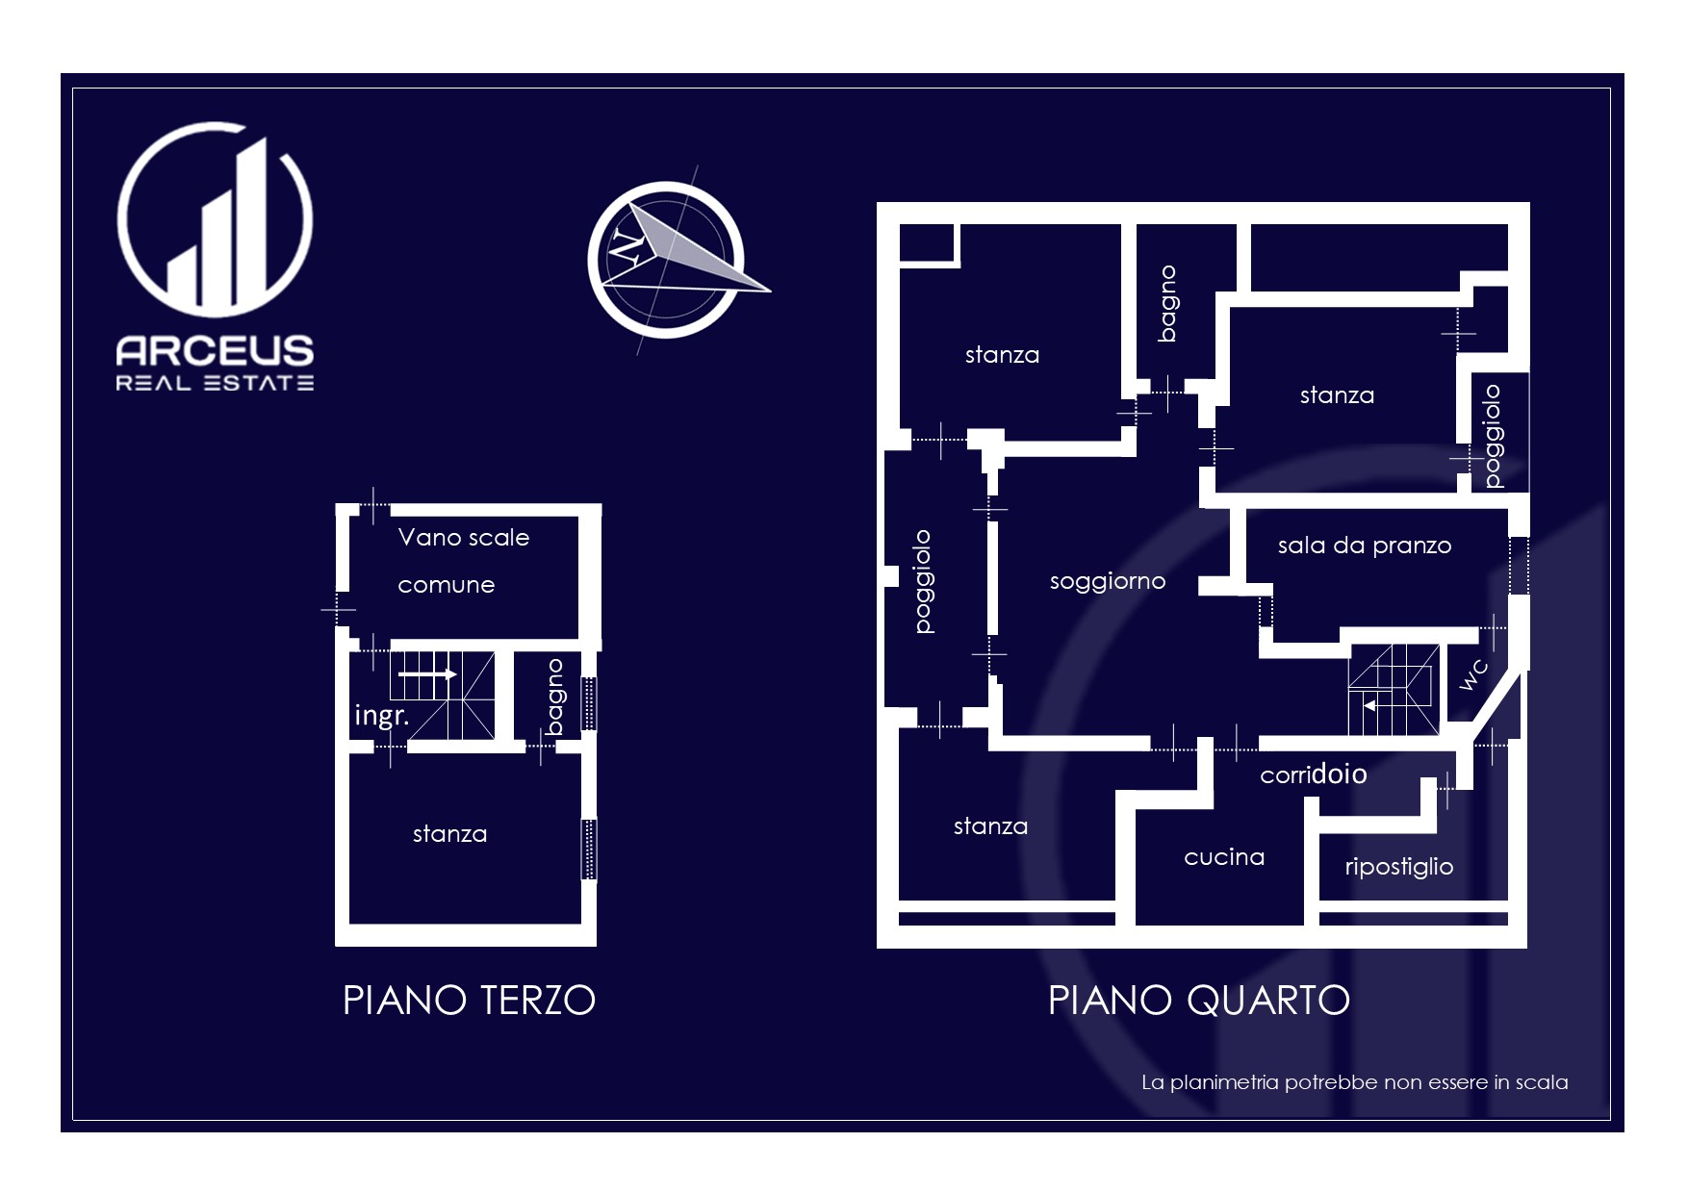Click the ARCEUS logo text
click(x=215, y=350)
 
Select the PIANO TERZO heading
click(x=470, y=1001)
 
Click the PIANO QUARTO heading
click(x=1199, y=1001)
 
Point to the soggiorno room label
click(x=1108, y=581)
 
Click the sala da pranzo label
click(x=1365, y=546)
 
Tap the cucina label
click(x=1224, y=857)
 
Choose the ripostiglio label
click(x=1399, y=867)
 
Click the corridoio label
click(x=1314, y=774)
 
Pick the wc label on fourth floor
click(x=1473, y=675)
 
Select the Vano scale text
click(x=464, y=537)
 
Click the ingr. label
click(x=382, y=715)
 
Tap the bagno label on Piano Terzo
click(x=554, y=697)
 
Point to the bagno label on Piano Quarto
click(x=1167, y=303)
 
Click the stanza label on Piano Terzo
click(x=449, y=834)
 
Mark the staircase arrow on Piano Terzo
click(x=427, y=674)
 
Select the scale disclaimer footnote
click(x=1355, y=1082)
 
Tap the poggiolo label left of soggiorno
click(x=923, y=581)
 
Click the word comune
click(x=447, y=585)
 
